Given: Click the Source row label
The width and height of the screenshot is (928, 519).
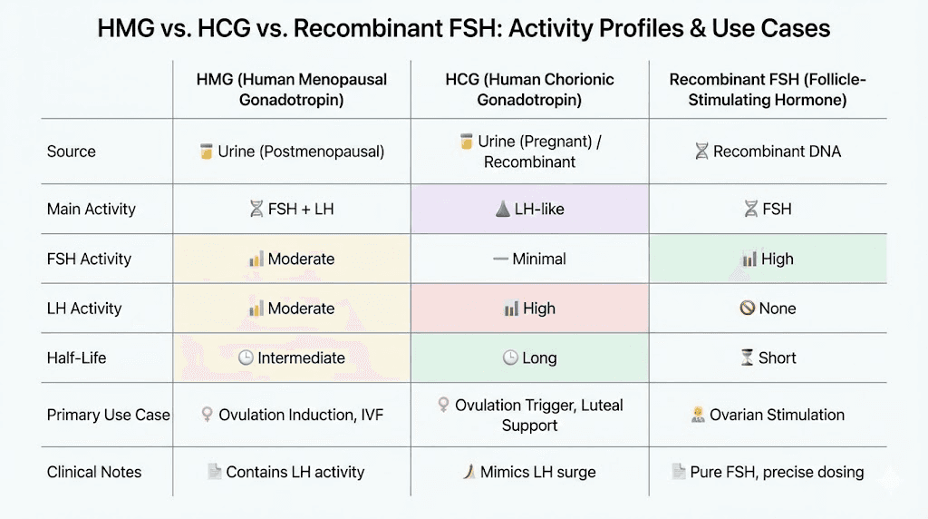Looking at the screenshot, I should point(71,152).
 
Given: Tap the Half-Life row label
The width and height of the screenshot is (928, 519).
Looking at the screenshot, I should point(76,357).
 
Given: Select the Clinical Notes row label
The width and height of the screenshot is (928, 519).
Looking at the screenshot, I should point(94,472).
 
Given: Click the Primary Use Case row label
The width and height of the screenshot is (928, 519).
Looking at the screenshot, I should point(108,415).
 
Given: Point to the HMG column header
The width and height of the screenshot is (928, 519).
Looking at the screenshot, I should point(291,89).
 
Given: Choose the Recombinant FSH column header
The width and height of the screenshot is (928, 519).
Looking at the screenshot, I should point(768,89).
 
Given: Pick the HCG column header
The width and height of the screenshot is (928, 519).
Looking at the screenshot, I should point(529,89).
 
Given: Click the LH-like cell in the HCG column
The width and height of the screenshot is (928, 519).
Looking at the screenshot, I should point(529,209).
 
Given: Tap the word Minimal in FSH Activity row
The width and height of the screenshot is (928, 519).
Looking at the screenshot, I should point(539,259).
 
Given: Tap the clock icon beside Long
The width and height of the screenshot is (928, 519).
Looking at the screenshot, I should point(510,357).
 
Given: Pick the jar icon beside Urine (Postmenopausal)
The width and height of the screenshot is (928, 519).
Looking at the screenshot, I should point(206,152).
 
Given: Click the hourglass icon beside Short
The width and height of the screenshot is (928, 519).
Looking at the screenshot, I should point(747,357).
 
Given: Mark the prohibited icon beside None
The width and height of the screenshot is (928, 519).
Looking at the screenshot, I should point(748,308).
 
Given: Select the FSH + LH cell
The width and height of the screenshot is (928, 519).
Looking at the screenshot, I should point(291,209).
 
